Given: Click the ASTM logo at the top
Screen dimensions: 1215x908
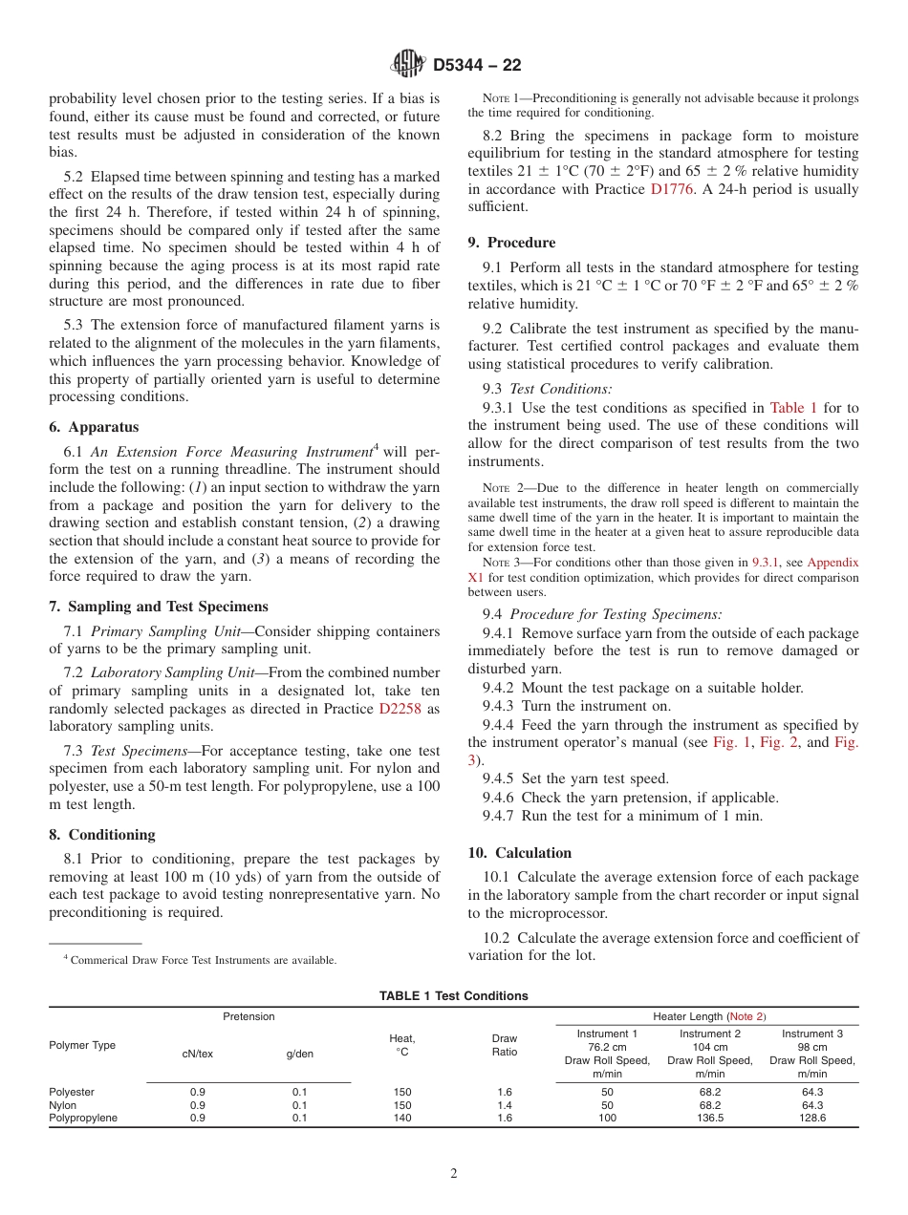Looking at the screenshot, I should pos(408,65).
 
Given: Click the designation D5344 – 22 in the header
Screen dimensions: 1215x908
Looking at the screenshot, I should pos(477,66).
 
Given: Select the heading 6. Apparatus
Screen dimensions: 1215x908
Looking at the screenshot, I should pos(94,427).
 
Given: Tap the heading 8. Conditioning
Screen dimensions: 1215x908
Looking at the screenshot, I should pos(102,834).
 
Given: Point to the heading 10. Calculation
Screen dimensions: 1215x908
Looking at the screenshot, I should pos(520,852).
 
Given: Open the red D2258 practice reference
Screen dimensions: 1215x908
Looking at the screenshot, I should pos(400,709).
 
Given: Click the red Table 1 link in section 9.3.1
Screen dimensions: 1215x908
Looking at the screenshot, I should pos(792,407).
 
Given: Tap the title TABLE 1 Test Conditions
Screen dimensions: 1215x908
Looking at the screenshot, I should pos(453,995).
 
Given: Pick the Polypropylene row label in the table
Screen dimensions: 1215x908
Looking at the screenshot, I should pos(83,1118).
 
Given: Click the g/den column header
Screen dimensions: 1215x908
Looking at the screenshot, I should pos(299,1054).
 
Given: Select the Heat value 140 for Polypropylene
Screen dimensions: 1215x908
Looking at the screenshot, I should pos(402,1118).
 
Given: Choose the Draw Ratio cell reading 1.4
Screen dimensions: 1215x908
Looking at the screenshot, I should pos(504,1105).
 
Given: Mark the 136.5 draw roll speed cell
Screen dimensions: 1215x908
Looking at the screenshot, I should pos(709,1118).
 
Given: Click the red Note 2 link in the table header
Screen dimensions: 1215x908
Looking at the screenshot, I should pos(746,1016).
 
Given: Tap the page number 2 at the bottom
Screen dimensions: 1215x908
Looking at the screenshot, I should pos(454,1174).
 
